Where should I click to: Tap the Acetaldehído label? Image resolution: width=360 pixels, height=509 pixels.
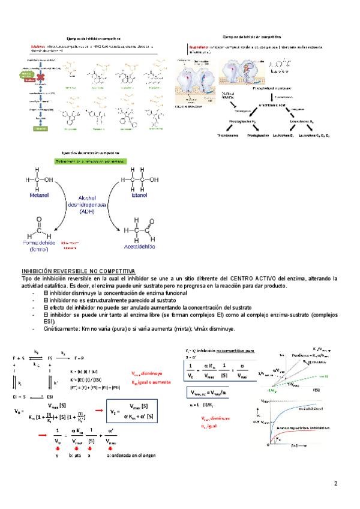tap(140, 246)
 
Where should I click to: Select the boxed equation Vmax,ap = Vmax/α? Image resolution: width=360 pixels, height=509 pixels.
tap(208, 393)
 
